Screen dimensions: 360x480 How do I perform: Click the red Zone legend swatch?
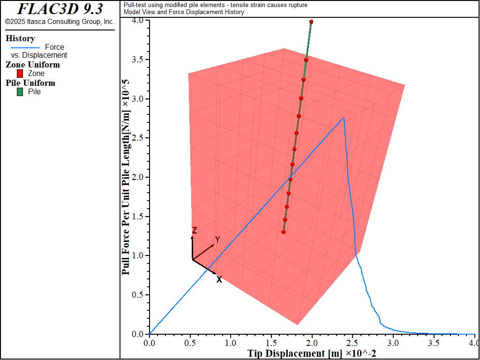[20, 74]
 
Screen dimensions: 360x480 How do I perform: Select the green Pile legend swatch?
[20, 92]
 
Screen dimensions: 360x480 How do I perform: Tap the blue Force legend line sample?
[25, 47]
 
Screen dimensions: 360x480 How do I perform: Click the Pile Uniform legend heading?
[30, 83]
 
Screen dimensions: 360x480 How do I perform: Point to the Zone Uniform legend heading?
[33, 65]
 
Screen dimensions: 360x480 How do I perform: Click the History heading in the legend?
[20, 38]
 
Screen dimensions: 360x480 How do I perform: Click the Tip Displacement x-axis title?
[311, 353]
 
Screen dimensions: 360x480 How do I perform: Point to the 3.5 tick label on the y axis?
[138, 60]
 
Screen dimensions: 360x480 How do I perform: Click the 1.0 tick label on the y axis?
[138, 255]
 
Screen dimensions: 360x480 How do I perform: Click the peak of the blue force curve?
[344, 117]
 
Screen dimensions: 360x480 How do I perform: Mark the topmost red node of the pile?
[311, 22]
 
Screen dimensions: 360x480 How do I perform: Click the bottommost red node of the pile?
[284, 232]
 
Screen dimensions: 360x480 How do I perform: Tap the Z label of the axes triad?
[194, 230]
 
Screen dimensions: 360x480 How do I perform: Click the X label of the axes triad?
[219, 279]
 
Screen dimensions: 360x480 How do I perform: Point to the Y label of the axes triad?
[217, 240]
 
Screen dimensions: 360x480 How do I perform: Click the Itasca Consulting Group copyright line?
[60, 22]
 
